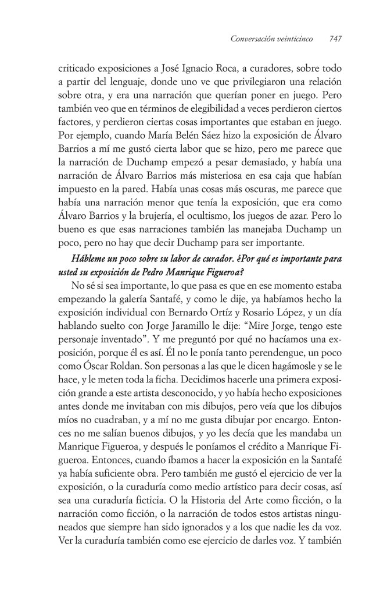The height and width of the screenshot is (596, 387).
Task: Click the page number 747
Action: click(334, 40)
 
